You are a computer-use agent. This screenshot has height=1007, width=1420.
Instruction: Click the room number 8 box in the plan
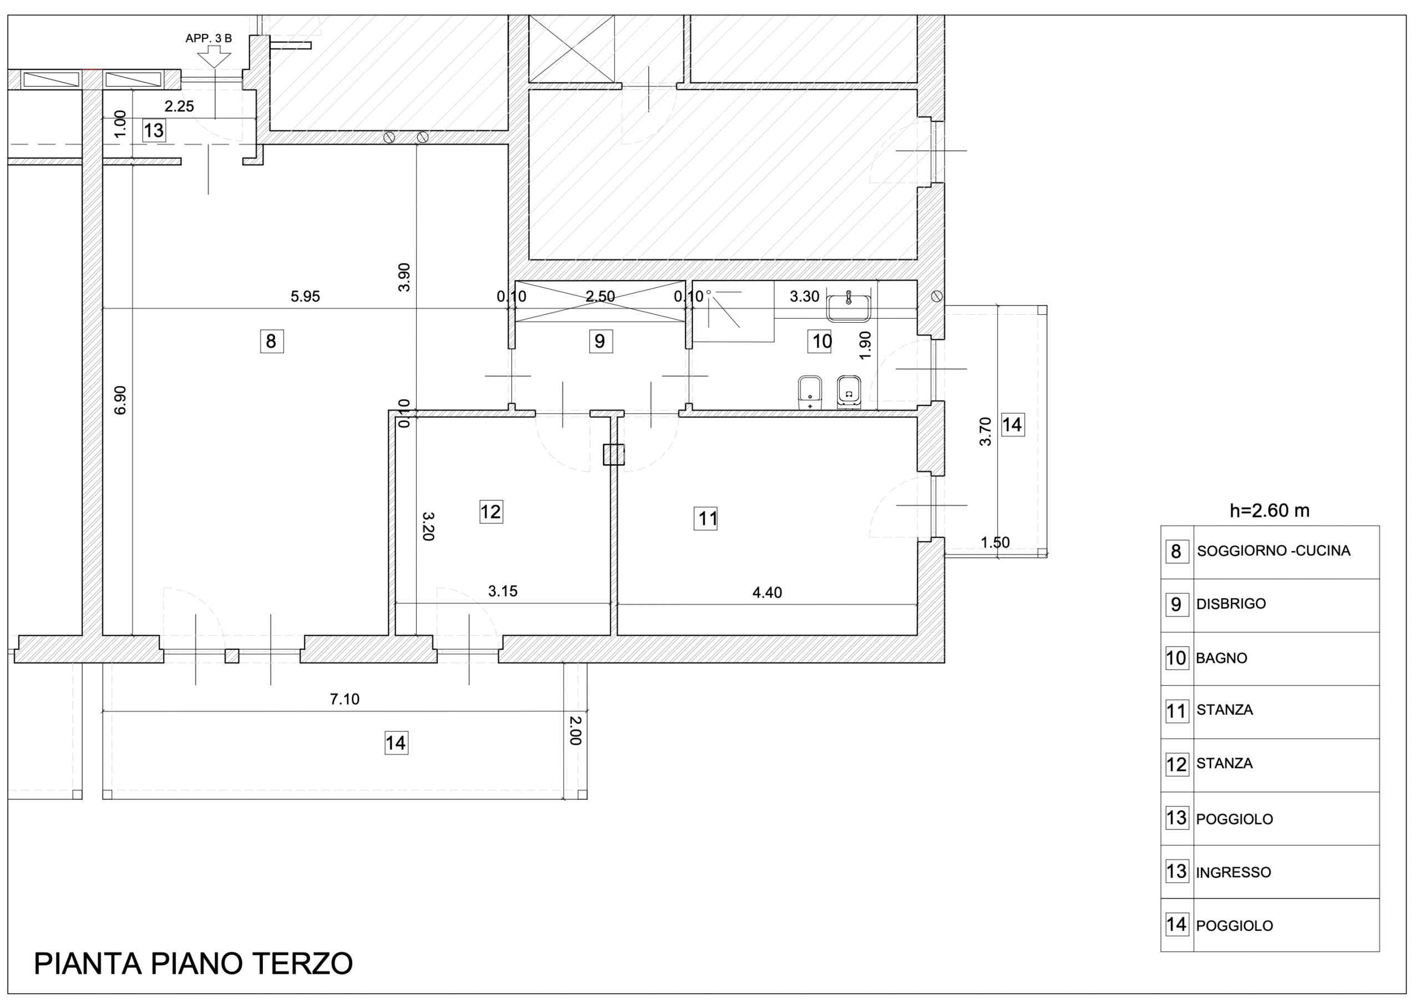pos(272,341)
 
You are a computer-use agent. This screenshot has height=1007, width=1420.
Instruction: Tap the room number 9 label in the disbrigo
pos(600,341)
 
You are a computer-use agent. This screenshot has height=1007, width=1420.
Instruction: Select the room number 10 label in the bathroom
pos(820,341)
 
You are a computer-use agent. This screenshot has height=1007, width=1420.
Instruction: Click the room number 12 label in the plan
pos(491,512)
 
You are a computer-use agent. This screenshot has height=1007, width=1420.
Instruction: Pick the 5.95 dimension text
pos(305,297)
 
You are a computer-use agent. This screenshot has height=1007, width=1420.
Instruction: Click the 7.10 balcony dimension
pos(345,699)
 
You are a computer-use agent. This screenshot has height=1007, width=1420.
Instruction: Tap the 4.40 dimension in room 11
pos(767,593)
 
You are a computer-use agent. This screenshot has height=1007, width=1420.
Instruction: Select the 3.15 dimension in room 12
pos(503,592)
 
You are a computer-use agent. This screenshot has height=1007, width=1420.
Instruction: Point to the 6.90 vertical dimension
pos(121,400)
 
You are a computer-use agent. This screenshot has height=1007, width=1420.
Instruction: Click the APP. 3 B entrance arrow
pos(214,57)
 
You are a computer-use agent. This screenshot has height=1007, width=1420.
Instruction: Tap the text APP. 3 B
pos(209,38)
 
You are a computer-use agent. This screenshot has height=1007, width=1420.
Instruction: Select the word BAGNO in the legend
pos(1221,659)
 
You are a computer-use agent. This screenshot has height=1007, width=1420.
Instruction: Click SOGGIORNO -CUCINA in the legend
pos(1274,551)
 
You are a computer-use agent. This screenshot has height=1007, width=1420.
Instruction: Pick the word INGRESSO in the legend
pos(1234,872)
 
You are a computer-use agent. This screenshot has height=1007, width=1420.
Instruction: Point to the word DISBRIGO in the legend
pos(1231,604)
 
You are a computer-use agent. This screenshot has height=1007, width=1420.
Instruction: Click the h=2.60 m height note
pos(1270,511)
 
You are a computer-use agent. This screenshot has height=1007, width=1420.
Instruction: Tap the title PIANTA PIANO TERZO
pos(194,964)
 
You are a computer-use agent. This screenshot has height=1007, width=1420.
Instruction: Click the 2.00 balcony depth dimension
pos(575,730)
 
